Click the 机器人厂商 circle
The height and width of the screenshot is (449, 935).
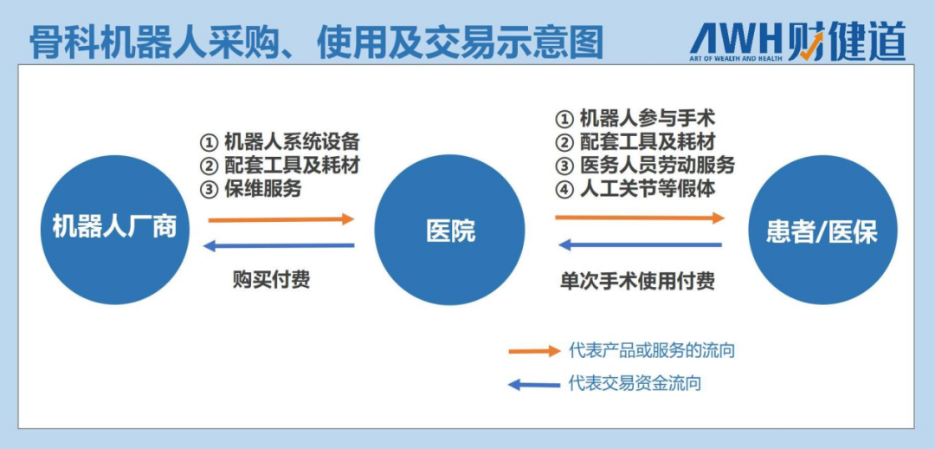[x=114, y=230]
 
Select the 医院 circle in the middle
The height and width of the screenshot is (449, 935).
[x=449, y=231]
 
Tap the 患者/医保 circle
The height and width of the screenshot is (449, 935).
[x=822, y=231]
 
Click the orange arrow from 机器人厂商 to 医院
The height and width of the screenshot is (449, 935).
[x=280, y=219]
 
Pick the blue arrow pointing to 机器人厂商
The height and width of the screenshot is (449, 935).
[x=279, y=245]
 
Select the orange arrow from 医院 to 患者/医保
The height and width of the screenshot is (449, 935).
[x=640, y=218]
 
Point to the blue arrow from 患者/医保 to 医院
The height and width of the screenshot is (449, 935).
[x=640, y=244]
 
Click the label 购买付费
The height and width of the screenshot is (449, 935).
[x=271, y=279]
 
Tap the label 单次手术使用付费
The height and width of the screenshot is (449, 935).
[x=637, y=280]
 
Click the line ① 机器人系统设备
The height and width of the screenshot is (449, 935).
[x=280, y=141]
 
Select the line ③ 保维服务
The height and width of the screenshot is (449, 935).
[x=250, y=188]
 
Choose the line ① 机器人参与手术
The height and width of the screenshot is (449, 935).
[x=635, y=118]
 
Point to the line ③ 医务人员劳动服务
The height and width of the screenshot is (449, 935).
[x=645, y=165]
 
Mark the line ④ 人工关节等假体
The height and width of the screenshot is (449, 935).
[x=635, y=188]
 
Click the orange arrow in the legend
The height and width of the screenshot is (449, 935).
[x=534, y=351]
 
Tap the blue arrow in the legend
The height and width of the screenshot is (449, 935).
[x=534, y=385]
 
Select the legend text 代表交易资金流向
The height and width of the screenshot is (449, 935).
[x=635, y=383]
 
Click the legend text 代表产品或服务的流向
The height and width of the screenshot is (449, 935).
[x=652, y=350]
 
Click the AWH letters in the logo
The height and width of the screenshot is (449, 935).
[x=736, y=42]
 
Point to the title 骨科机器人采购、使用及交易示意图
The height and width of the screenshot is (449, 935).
[x=316, y=42]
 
